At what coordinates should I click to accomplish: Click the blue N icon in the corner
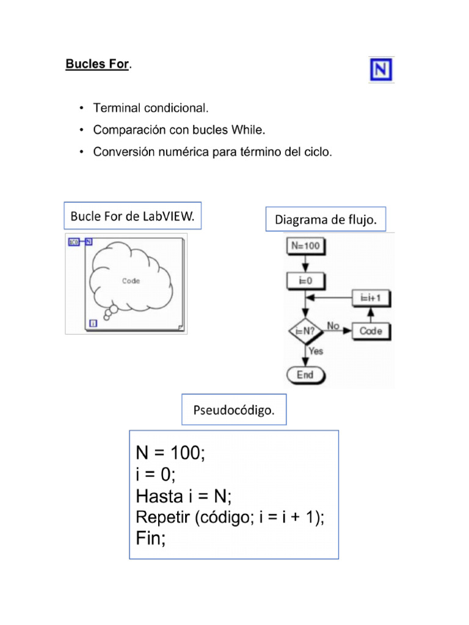point(381,70)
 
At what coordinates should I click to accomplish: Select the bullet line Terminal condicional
point(150,109)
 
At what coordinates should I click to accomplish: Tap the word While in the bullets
point(250,130)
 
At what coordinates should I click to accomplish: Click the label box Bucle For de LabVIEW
point(133,217)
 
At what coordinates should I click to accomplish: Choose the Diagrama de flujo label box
point(330,220)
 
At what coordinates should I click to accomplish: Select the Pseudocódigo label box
point(234,409)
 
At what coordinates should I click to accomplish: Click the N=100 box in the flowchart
point(305,247)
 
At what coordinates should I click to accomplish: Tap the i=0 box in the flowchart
point(305,281)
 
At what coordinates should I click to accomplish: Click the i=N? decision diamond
point(305,331)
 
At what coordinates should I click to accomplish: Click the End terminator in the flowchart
point(305,375)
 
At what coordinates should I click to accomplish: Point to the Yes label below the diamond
point(316,352)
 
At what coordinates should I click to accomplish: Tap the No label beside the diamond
point(333,326)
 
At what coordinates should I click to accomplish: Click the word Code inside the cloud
point(131,281)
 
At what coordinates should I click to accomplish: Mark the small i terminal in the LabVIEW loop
point(93,323)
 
